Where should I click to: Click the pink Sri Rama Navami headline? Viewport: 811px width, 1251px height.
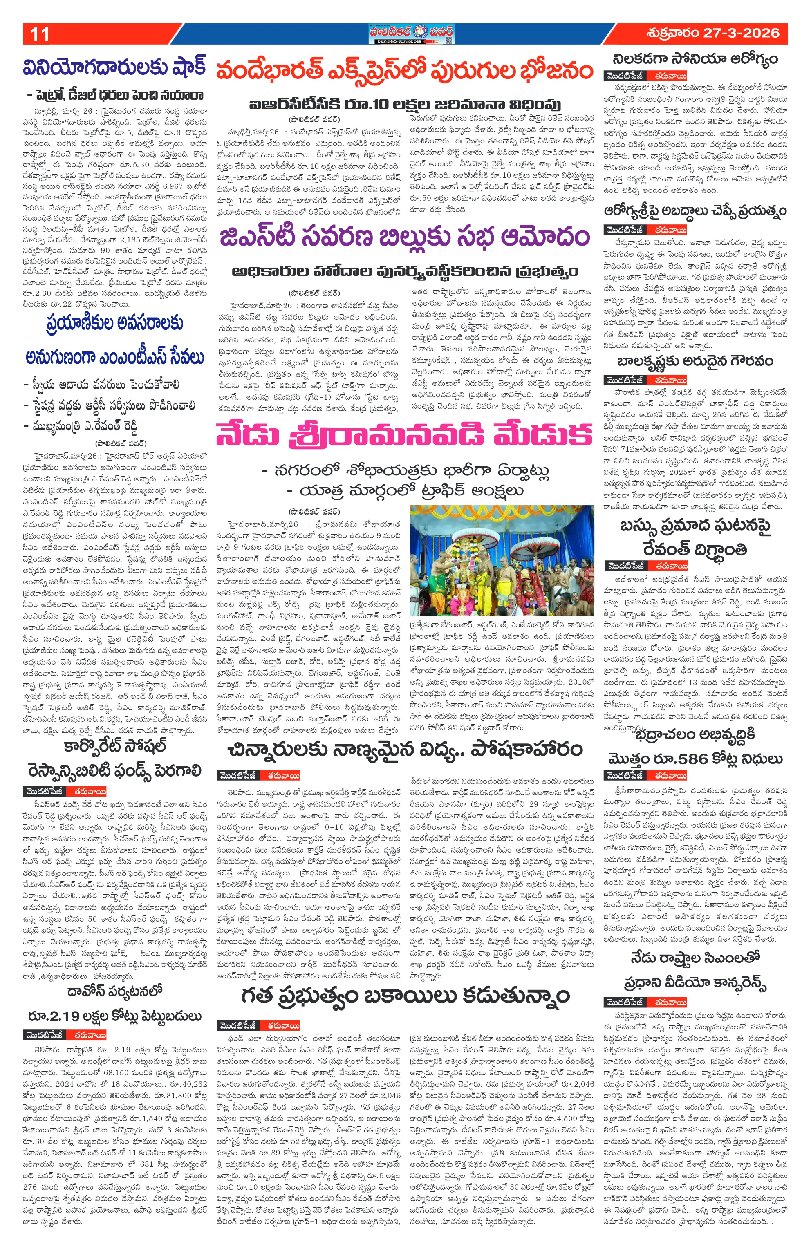pyautogui.click(x=405, y=436)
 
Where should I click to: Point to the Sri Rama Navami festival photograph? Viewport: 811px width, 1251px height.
pyautogui.click(x=502, y=560)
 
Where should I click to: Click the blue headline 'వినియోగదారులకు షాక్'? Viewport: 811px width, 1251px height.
pyautogui.click(x=114, y=68)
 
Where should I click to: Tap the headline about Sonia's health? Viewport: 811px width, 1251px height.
pyautogui.click(x=695, y=59)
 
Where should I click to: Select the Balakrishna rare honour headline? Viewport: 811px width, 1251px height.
pyautogui.click(x=695, y=362)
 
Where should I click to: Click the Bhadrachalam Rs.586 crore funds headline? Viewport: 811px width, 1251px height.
pyautogui.click(x=695, y=759)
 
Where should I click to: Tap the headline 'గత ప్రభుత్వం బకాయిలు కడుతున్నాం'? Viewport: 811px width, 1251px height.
pyautogui.click(x=405, y=996)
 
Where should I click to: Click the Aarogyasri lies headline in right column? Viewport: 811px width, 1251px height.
pyautogui.click(x=695, y=211)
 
